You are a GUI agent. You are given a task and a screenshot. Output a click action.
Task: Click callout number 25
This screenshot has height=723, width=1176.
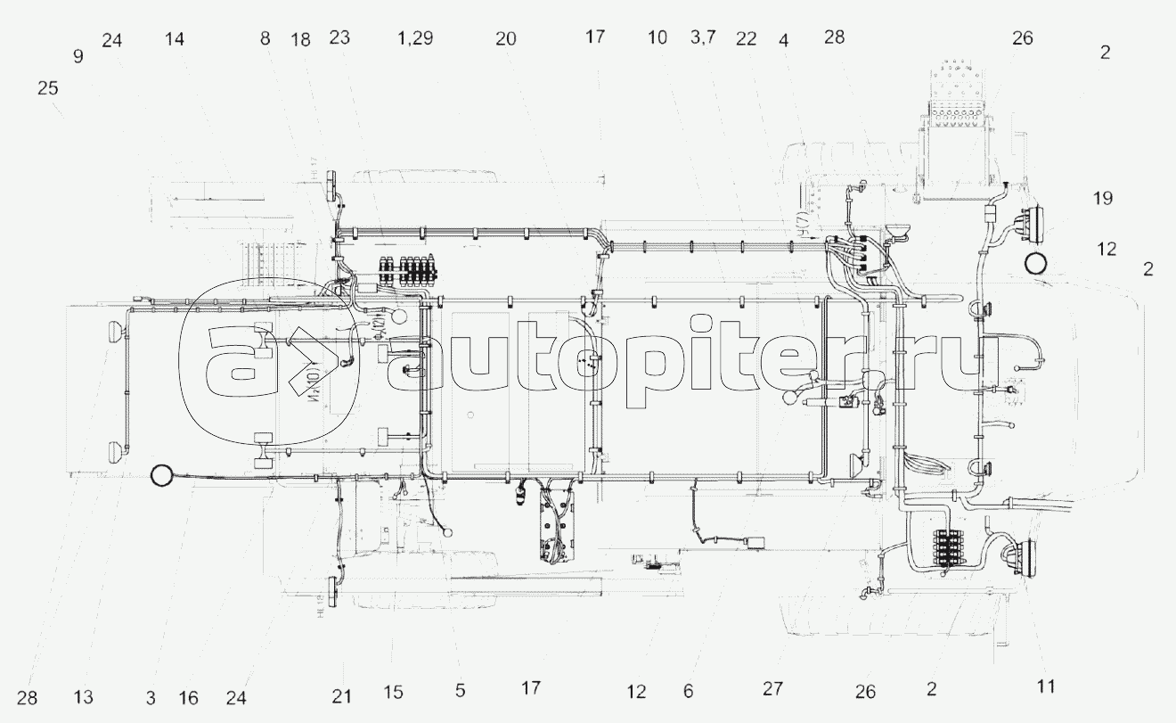[46, 89]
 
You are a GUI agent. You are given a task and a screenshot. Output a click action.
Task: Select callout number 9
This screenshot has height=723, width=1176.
[78, 56]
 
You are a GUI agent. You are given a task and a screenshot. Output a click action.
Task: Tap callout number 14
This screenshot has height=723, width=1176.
[175, 38]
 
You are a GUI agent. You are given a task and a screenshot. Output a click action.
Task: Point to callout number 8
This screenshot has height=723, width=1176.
[265, 38]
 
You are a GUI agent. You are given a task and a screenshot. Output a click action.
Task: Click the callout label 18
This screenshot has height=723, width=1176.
[300, 38]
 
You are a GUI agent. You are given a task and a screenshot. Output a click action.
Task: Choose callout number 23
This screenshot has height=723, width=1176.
[339, 37]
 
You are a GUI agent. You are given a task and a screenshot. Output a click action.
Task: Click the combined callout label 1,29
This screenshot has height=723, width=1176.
[415, 38]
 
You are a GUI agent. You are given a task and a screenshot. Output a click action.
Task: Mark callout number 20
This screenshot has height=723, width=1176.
[506, 38]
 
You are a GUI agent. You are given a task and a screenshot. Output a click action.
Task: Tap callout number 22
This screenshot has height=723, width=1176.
[747, 38]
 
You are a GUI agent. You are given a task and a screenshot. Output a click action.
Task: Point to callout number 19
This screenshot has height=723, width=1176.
[1103, 198]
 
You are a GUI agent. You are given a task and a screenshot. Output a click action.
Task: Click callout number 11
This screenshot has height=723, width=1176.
[1046, 686]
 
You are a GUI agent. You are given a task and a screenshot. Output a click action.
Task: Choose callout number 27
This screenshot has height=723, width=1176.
[772, 688]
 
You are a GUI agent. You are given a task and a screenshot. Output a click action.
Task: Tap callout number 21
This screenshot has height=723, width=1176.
[342, 695]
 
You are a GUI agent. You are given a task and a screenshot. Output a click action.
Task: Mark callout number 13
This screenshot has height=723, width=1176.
[84, 696]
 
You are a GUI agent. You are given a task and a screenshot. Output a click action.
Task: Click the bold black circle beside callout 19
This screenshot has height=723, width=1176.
[1035, 263]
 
